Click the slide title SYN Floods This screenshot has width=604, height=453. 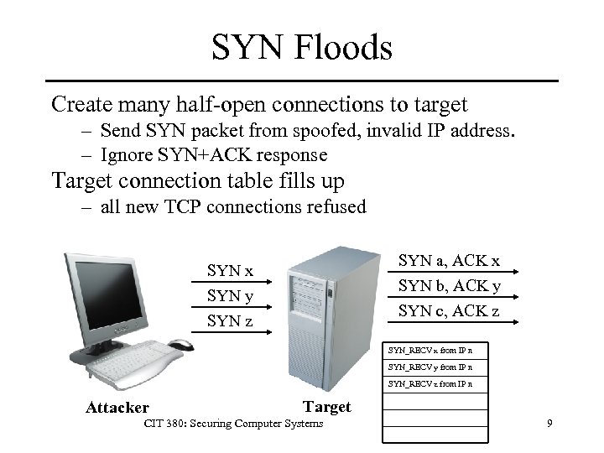(x=302, y=47)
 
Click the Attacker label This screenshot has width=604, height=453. (x=117, y=409)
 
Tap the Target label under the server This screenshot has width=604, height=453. (x=326, y=407)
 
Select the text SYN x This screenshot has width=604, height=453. (x=230, y=271)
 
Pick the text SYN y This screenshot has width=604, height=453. (x=230, y=296)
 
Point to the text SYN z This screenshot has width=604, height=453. (x=230, y=321)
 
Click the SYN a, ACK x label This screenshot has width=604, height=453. (x=449, y=261)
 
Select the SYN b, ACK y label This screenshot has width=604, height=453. (x=449, y=286)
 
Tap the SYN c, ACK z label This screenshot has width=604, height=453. (x=449, y=311)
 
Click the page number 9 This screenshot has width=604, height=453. (x=549, y=424)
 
